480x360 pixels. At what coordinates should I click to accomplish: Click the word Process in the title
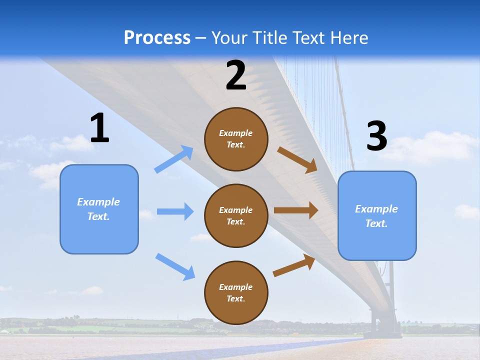[157, 38]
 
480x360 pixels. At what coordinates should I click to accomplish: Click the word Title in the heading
[269, 38]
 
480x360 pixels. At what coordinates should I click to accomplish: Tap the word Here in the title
[348, 38]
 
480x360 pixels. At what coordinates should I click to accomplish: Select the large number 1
[99, 128]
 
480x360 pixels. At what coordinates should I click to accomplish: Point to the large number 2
[236, 75]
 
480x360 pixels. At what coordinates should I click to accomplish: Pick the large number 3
[376, 136]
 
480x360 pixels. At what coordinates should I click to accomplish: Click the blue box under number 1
[99, 209]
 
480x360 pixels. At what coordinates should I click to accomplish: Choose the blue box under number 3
[377, 215]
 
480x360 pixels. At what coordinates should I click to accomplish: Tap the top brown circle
[236, 139]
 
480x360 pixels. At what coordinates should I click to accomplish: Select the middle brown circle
[236, 215]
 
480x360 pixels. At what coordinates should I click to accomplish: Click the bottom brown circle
[236, 292]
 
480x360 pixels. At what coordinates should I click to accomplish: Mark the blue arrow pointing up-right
[174, 159]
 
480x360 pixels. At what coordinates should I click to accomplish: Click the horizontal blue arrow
[175, 211]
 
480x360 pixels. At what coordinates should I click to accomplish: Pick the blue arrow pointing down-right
[175, 266]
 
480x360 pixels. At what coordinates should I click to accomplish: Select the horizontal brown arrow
[296, 210]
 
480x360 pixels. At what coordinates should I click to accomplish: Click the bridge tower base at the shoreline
[385, 327]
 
